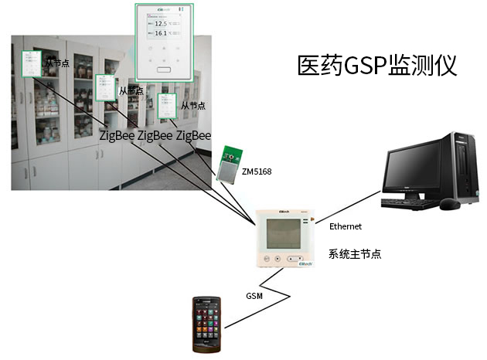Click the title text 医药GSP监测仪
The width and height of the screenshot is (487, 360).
coord(377,65)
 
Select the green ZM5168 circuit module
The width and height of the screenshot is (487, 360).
coord(229,161)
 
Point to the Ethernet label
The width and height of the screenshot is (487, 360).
coord(346,226)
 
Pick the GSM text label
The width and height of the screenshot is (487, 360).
coord(254,296)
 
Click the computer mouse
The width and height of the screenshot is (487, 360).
coord(448,205)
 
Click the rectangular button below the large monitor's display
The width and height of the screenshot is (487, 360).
coord(163,70)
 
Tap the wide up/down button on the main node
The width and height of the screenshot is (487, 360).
coord(294,260)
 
